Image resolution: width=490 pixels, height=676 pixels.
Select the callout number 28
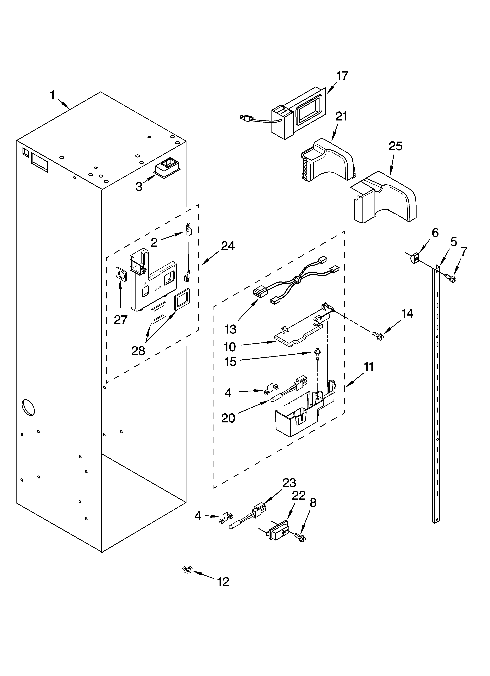tap(138, 351)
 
